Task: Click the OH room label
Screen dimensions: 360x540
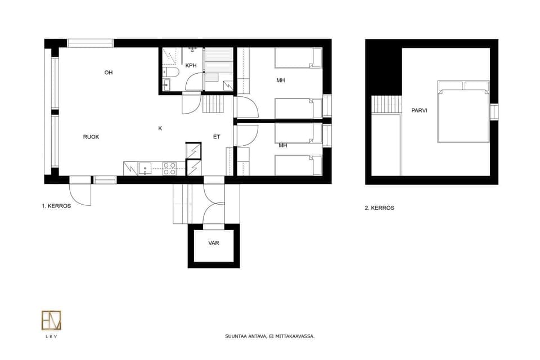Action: (x=109, y=73)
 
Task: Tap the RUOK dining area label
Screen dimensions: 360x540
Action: (x=91, y=137)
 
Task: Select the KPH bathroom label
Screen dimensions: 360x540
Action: (x=191, y=66)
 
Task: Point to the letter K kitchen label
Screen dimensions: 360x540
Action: (x=160, y=129)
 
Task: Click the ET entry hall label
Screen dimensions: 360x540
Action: (x=217, y=137)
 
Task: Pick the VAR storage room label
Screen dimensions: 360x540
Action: (x=214, y=243)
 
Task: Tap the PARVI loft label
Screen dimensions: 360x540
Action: (x=419, y=110)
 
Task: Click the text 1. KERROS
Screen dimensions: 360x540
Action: (x=56, y=206)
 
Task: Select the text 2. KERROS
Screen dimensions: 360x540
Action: (x=380, y=208)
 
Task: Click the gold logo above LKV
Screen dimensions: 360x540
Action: (x=51, y=321)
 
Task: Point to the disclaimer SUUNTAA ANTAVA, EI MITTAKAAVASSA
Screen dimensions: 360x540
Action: (x=269, y=336)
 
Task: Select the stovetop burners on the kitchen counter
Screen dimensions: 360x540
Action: (x=169, y=169)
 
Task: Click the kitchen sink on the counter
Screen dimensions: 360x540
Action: (x=145, y=169)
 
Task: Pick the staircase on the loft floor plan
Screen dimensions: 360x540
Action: (x=386, y=104)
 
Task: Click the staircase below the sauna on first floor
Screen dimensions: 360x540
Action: (x=213, y=104)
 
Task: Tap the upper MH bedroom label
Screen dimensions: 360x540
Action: (x=281, y=80)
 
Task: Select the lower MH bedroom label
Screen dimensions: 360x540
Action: (x=283, y=146)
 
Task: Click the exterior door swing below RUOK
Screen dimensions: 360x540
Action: (x=82, y=194)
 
